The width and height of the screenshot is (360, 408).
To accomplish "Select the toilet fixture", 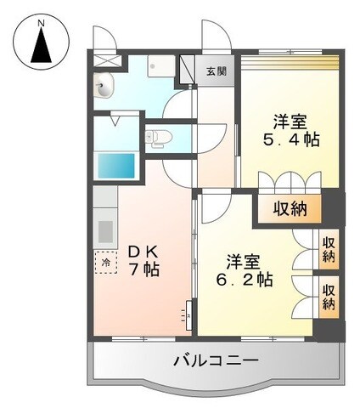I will pos(159,136).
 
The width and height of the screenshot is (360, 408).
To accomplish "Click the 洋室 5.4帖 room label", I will pos(290,130).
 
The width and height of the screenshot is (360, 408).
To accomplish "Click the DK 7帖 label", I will pos(144,260).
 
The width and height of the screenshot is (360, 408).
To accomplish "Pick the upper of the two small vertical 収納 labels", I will pos(328,246).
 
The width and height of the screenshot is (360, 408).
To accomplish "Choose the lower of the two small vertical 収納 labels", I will pos(328,295).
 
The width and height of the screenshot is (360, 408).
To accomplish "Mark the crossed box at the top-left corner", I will pos(103,61).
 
